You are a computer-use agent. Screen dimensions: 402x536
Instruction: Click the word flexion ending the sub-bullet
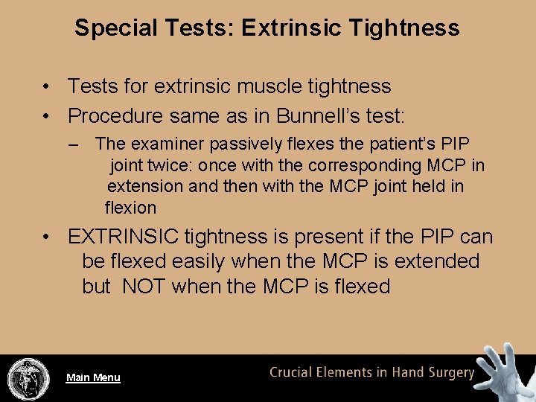tap(130, 208)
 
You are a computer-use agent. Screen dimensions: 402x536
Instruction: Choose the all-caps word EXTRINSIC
tap(123, 237)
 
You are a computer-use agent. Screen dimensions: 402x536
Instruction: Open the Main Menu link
tap(93, 377)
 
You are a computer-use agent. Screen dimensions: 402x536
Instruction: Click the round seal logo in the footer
tap(28, 378)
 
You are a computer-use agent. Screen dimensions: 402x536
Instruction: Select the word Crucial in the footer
tap(294, 373)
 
